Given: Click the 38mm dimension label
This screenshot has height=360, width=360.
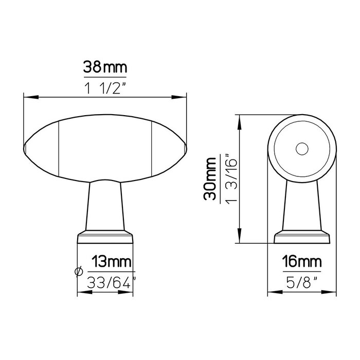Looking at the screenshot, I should (105, 67).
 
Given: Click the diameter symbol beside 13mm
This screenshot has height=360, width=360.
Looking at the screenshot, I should (79, 272).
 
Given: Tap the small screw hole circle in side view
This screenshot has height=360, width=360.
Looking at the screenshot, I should (301, 149).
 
